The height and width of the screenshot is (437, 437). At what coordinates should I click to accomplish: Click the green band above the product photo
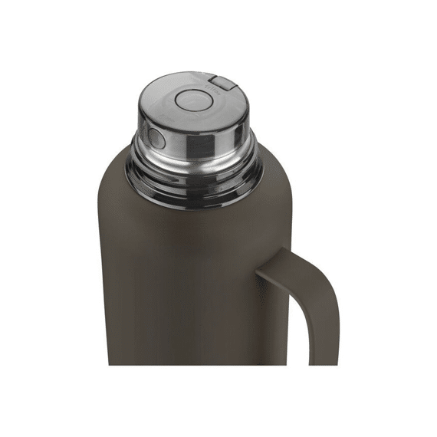219,27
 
